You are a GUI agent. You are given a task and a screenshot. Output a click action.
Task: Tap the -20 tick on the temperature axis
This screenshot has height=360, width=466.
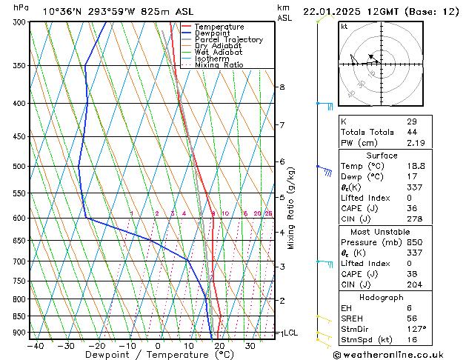(96, 345)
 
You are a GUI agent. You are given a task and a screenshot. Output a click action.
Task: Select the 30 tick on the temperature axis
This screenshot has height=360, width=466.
(250, 345)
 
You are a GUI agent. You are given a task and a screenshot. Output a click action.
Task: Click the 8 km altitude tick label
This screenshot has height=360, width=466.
(282, 87)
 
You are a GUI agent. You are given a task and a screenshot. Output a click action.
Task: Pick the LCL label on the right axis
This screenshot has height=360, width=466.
(290, 333)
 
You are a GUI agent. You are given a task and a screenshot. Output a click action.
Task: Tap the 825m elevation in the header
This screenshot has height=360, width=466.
(159, 11)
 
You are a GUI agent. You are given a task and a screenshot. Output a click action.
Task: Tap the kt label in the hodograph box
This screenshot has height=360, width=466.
(344, 27)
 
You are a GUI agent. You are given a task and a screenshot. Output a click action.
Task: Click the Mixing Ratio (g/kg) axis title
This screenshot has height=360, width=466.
(291, 208)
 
